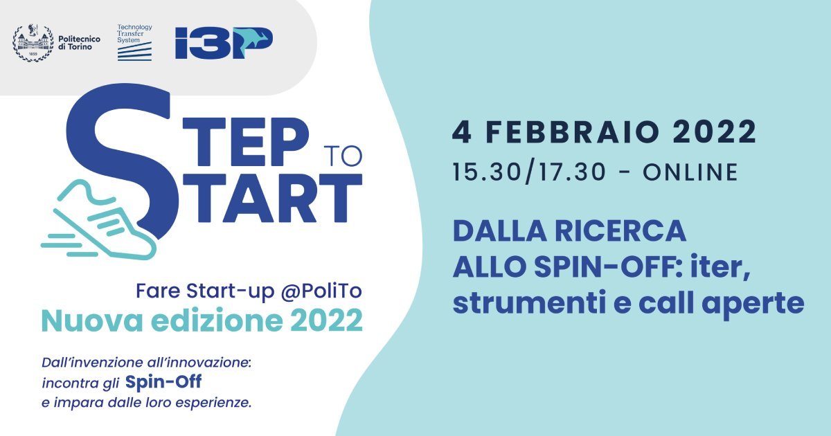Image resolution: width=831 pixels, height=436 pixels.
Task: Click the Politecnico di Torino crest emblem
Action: coord(33,43)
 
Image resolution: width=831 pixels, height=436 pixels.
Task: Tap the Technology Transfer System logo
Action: coord(134,42)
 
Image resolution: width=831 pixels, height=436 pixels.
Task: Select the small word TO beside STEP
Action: coord(343,156)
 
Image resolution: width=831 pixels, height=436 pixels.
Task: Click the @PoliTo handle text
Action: coord(321,291)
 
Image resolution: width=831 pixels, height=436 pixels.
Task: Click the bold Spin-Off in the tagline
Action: coord(163,381)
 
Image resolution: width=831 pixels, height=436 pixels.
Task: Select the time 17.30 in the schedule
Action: coord(572,172)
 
